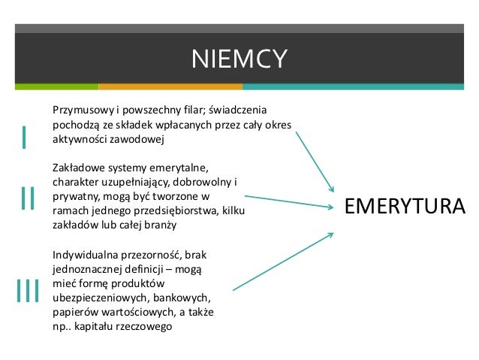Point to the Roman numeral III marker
tap(27, 291)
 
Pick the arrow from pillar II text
tap(289, 201)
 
